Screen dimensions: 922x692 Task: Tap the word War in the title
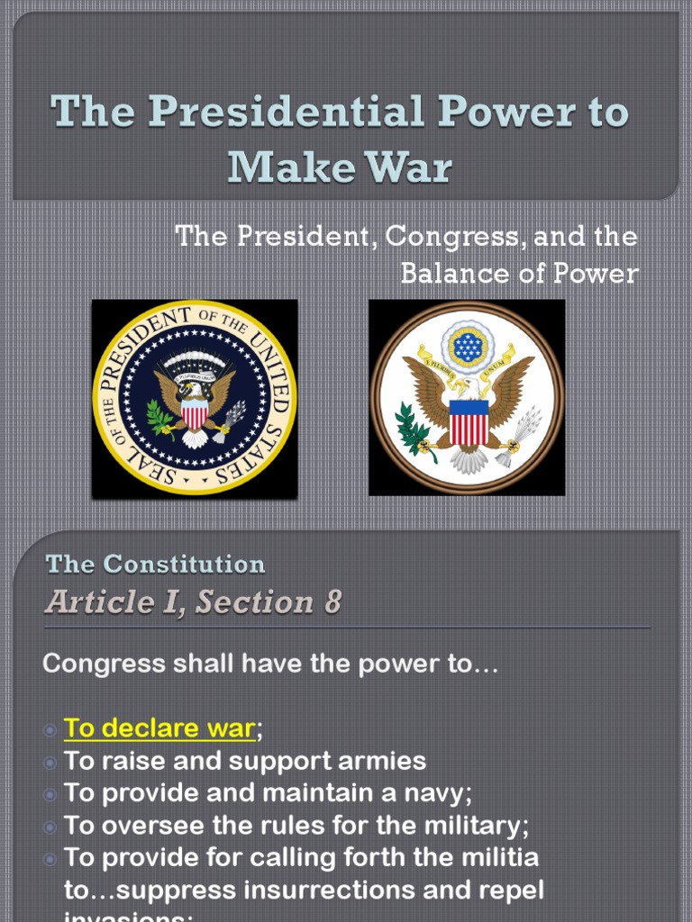tap(414, 167)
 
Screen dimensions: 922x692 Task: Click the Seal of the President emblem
tap(195, 398)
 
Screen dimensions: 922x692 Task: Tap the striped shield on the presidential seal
tap(195, 413)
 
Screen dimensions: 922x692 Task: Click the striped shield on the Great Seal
tap(469, 421)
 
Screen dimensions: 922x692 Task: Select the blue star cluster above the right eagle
tap(468, 346)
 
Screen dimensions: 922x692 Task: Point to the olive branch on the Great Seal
tap(414, 430)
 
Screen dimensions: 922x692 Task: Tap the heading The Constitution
tap(155, 565)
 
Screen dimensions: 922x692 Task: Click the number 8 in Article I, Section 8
tap(332, 602)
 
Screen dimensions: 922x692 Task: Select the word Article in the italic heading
tap(91, 602)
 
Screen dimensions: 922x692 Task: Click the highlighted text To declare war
tap(159, 728)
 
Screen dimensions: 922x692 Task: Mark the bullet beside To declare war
tap(50, 728)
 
